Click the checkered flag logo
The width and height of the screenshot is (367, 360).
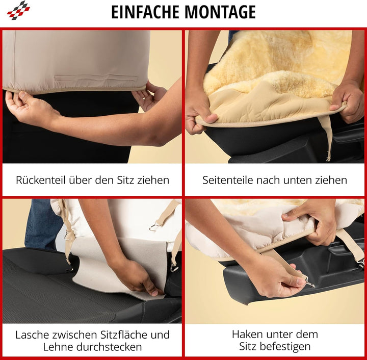point(18,10)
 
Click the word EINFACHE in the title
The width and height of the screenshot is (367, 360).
point(146,12)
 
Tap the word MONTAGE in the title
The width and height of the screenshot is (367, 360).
point(220,12)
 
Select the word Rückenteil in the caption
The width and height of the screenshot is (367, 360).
point(40,180)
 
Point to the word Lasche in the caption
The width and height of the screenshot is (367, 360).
point(32,335)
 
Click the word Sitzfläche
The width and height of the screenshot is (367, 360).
point(123,335)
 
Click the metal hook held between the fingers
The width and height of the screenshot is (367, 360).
point(309,284)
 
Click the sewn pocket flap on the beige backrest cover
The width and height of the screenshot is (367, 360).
point(96,78)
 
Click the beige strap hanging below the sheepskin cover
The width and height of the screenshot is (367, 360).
point(326,136)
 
